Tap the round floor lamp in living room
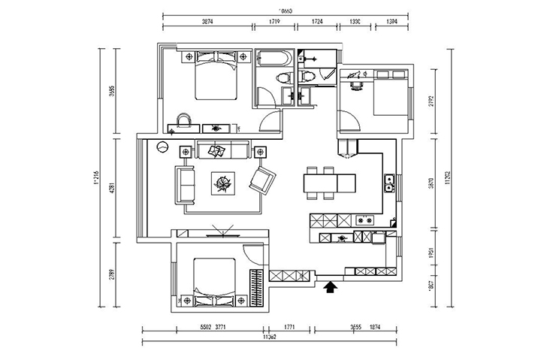(x=162, y=147)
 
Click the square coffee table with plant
(x=223, y=183)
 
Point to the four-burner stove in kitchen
(x=366, y=221)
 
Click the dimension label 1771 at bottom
(x=291, y=328)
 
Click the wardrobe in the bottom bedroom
(x=257, y=289)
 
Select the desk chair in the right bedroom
(x=356, y=84)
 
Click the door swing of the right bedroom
(x=346, y=121)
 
